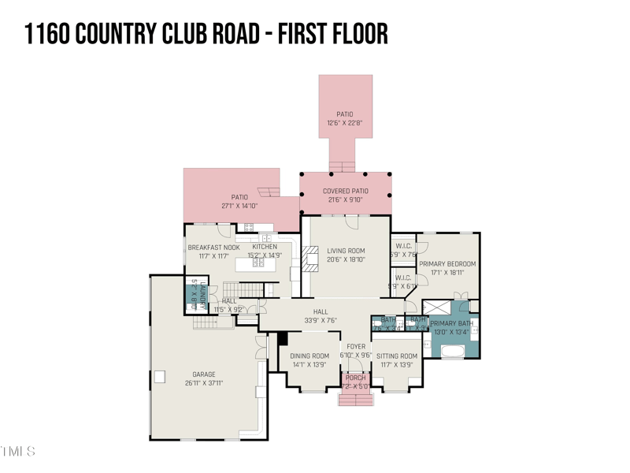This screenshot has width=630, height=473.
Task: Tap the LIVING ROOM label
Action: (x=346, y=251)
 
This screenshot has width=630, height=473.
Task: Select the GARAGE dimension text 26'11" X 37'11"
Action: (x=204, y=383)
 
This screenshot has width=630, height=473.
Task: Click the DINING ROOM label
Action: (x=309, y=356)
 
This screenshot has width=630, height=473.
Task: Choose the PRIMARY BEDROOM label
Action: (x=447, y=264)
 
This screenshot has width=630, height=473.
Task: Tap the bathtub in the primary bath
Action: (x=454, y=349)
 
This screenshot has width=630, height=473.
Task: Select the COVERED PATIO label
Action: (x=346, y=191)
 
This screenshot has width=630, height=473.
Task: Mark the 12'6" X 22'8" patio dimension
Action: (x=345, y=123)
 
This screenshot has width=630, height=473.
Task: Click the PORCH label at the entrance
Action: (x=356, y=378)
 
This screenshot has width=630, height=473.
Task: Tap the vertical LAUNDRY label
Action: (x=202, y=293)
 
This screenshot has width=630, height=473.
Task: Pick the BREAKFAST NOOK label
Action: (x=213, y=247)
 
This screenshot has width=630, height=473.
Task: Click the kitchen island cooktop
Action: (x=260, y=263)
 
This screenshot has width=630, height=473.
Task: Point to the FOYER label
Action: (x=356, y=346)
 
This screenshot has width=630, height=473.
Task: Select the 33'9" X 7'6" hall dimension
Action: (x=321, y=321)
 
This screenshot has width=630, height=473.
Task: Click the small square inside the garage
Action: (x=160, y=377)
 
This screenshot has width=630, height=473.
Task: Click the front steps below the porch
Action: (x=355, y=399)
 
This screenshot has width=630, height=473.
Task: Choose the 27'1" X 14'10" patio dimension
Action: (x=239, y=206)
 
